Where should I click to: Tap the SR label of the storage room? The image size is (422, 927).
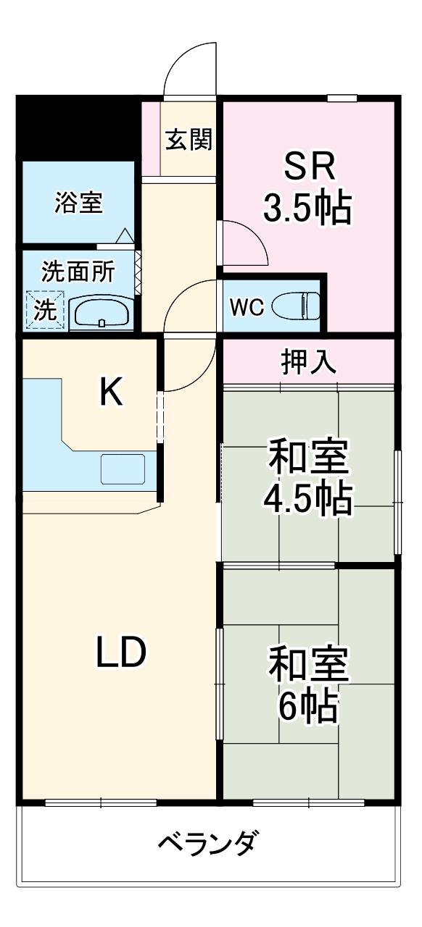click(x=309, y=168)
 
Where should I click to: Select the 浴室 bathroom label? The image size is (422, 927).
click(x=78, y=204)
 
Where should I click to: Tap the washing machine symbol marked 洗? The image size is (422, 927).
click(x=46, y=310)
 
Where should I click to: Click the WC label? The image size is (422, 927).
click(x=245, y=308)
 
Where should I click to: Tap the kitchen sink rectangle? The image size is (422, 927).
click(x=123, y=469)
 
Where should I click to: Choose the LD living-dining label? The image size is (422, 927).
click(x=122, y=653)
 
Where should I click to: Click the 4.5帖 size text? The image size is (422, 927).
click(x=307, y=498)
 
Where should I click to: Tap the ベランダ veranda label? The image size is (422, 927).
click(x=207, y=844)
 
